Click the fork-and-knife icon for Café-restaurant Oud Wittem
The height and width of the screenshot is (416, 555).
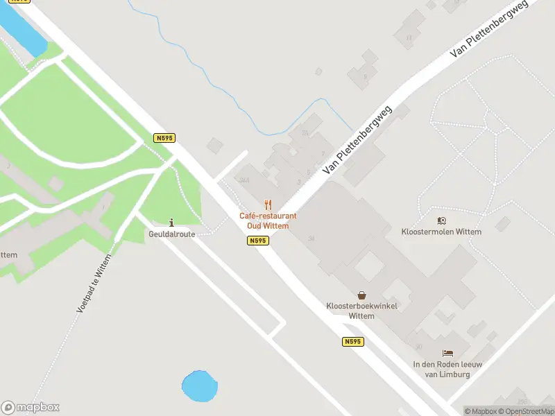[268, 205]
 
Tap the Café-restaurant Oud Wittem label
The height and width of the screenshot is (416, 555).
[268, 220]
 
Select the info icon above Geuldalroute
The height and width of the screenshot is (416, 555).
[171, 223]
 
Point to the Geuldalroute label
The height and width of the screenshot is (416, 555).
[171, 234]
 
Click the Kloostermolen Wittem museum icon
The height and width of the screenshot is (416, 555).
[441, 220]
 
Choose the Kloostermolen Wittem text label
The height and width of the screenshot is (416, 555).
[441, 232]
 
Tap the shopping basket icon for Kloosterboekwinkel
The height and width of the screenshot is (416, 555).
[361, 295]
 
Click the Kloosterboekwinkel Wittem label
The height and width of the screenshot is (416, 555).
[361, 311]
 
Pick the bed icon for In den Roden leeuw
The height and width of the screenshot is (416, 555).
[447, 354]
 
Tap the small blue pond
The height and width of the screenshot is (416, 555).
[198, 385]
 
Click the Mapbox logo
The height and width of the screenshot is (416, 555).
[31, 408]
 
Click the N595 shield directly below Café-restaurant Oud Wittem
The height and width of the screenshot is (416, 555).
[257, 241]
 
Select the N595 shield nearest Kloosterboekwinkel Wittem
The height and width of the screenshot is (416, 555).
[352, 342]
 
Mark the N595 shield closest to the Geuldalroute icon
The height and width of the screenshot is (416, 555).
[164, 139]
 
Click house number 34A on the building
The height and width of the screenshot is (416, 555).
[244, 180]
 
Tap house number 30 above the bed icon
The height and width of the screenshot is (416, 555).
[418, 347]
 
